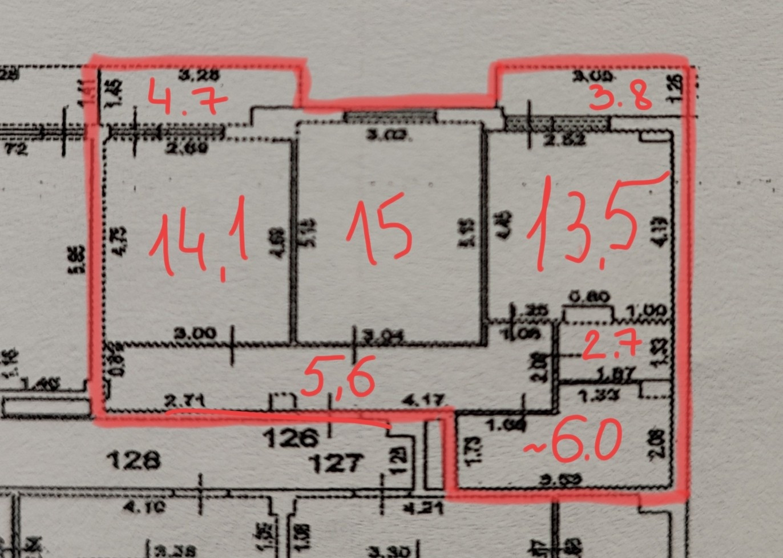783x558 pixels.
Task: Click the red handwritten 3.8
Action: coord(620,97)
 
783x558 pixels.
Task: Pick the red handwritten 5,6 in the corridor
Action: coord(338,377)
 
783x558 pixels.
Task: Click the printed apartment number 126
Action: coord(290,438)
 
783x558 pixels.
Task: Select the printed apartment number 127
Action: coord(336,462)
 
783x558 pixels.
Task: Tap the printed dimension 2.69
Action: coord(187,149)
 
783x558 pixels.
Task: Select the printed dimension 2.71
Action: coord(184,401)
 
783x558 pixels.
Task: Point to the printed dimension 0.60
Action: coord(590,297)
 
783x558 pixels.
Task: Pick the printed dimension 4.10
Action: coord(144,506)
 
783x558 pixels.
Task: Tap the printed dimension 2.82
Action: coord(566,139)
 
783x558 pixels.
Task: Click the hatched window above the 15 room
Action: coord(390,116)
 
